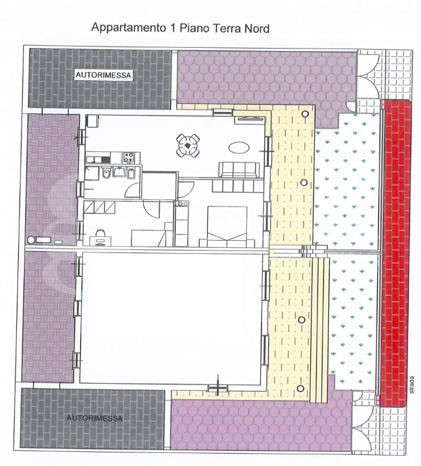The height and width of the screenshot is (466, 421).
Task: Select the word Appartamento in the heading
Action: (123, 28)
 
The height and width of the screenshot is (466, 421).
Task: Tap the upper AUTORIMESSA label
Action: (104, 76)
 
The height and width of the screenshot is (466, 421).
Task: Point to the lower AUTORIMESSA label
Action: (95, 419)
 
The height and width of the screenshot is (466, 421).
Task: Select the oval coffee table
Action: (238, 147)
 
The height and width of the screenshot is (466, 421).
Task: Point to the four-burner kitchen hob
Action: (129, 157)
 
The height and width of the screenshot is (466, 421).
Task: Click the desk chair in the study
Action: (99, 236)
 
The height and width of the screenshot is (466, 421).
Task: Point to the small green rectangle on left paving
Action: (59, 242)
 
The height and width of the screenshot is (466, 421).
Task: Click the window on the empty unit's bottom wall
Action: (218, 388)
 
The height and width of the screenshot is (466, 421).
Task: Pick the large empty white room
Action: (172, 317)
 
